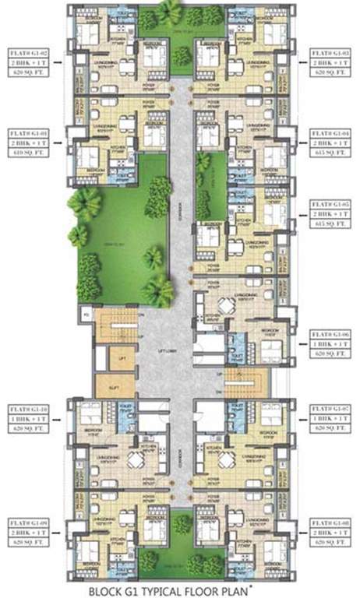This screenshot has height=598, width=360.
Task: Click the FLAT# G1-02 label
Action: [x=27, y=46]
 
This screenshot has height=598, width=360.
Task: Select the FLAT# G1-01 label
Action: [x=27, y=133]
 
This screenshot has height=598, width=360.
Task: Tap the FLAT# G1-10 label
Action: [x=27, y=408]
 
